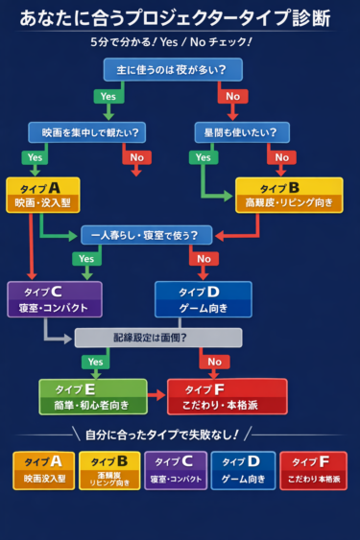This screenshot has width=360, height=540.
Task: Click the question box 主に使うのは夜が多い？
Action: point(173,69)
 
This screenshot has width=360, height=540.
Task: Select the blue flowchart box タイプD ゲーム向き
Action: point(203,299)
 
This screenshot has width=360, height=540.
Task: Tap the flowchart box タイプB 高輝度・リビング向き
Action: point(288,195)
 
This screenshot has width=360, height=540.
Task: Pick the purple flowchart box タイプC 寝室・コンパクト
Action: point(54,299)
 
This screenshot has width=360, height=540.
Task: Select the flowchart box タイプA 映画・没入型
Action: point(41,195)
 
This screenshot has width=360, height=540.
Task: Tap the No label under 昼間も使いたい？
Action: point(280,157)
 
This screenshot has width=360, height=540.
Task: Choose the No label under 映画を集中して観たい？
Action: point(136,157)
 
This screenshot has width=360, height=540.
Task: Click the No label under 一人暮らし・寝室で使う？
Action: point(203,259)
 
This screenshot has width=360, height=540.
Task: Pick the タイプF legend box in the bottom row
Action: point(313,471)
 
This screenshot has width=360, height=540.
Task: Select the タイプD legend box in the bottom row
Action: point(243,471)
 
